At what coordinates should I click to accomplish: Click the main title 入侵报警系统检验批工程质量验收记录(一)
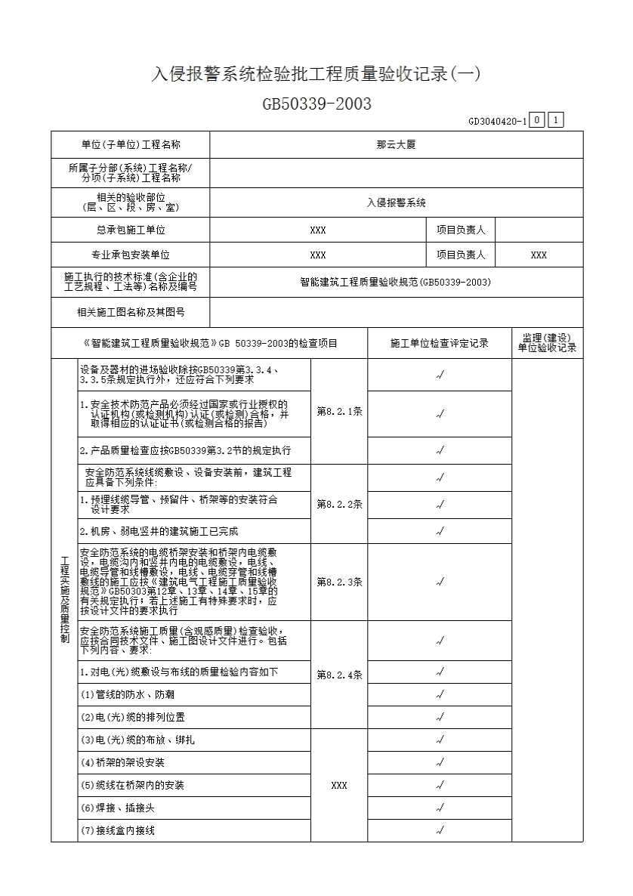(x=316, y=74)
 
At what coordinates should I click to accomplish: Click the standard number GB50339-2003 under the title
(x=316, y=104)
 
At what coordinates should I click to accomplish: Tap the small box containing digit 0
(x=536, y=120)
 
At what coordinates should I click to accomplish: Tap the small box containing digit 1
(x=555, y=120)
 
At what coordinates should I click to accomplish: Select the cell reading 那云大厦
(x=396, y=144)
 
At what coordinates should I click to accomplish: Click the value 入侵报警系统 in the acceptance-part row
(x=396, y=202)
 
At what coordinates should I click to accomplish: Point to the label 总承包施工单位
(x=130, y=230)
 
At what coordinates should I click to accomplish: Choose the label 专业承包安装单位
(x=130, y=255)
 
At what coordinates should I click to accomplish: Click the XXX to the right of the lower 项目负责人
(x=539, y=255)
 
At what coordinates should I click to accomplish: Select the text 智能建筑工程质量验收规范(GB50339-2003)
(x=396, y=282)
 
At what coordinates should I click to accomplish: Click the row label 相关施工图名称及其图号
(x=130, y=311)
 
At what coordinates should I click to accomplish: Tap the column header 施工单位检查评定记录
(x=440, y=343)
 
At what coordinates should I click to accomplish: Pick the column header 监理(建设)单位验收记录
(x=547, y=342)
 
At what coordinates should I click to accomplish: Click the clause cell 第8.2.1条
(x=339, y=412)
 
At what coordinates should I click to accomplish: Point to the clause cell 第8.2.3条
(x=339, y=582)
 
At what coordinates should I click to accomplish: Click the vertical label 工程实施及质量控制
(x=64, y=600)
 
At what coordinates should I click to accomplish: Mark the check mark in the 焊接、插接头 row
(x=440, y=808)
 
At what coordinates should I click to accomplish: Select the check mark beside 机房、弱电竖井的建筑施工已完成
(x=440, y=532)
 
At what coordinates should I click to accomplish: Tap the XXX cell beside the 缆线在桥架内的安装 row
(x=339, y=786)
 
